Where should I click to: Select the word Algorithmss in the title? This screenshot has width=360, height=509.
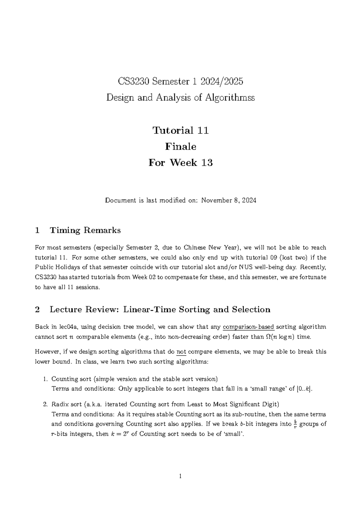point(230,98)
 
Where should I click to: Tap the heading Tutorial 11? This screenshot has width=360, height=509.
point(180,130)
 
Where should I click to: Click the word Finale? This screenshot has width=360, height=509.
point(180,146)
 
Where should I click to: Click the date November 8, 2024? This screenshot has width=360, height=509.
point(229,200)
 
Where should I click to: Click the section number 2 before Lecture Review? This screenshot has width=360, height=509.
point(37,309)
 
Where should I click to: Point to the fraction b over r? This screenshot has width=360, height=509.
point(295,424)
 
